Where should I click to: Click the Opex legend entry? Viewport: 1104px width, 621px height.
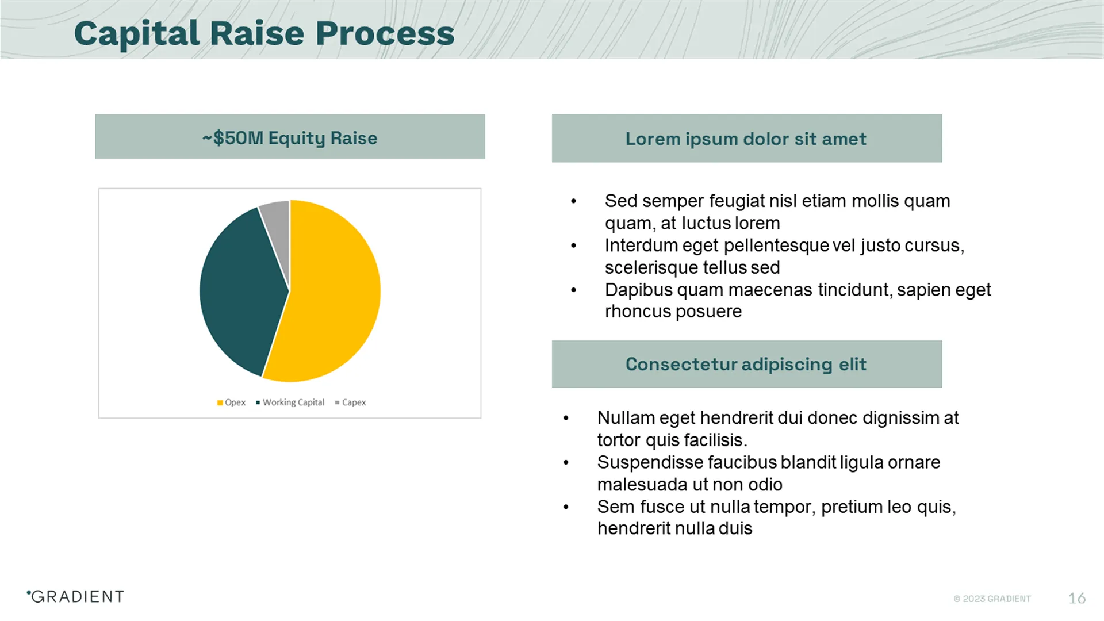(231, 402)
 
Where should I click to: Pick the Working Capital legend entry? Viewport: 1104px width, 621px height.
(290, 402)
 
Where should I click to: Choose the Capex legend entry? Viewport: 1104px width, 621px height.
(350, 402)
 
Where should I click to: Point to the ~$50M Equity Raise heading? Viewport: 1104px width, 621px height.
(290, 138)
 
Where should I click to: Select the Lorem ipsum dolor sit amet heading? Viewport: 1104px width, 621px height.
(746, 139)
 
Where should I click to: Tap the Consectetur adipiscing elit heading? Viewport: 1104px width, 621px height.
(746, 365)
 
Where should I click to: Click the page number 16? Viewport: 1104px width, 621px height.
(1076, 599)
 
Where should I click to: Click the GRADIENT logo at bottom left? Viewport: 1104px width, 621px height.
(76, 597)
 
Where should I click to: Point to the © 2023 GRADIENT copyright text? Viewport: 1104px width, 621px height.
(992, 599)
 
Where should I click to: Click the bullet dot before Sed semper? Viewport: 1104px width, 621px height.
(573, 201)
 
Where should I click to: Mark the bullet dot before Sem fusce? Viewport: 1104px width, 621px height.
(566, 507)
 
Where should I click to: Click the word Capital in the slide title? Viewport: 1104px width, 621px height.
(137, 33)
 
